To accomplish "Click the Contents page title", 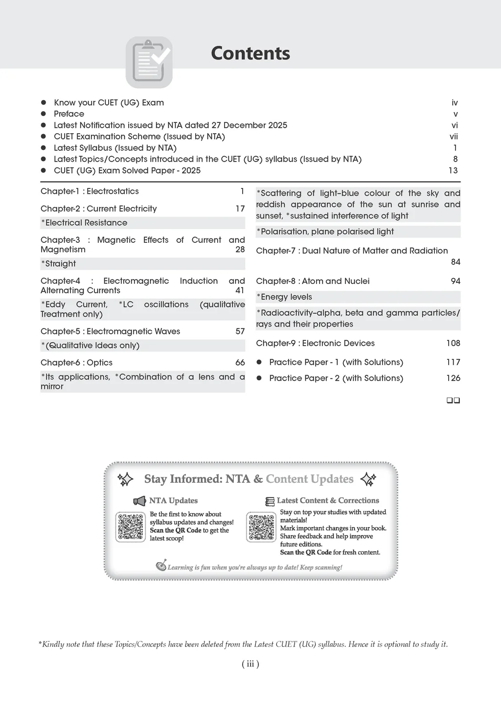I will (x=250, y=53).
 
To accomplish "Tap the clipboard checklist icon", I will (x=149, y=62).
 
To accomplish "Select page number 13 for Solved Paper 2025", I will (x=453, y=170).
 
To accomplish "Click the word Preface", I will (x=69, y=114).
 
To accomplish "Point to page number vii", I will (x=454, y=137).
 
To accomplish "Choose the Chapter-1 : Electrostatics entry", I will (x=90, y=191).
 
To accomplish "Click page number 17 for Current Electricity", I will (x=240, y=209).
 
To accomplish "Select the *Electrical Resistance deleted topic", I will (x=84, y=223).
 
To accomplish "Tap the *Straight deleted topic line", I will (x=59, y=264).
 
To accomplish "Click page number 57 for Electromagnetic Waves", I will (x=240, y=331).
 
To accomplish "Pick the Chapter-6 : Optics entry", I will (x=76, y=363).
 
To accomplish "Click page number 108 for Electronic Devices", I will (x=453, y=343).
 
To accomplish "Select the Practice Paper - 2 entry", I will (x=336, y=378).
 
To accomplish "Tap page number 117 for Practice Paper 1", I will (x=453, y=362).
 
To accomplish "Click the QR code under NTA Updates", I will (x=131, y=527).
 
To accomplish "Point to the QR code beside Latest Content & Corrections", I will (x=261, y=527).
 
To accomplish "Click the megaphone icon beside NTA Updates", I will (x=139, y=501).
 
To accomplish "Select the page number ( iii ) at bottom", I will (x=250, y=664).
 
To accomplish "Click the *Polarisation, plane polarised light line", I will (x=325, y=232).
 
